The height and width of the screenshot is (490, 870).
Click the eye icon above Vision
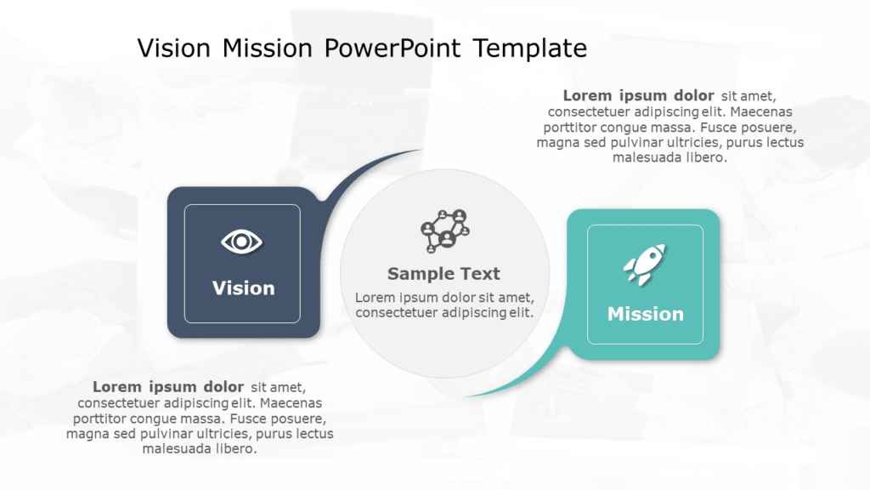point(242,242)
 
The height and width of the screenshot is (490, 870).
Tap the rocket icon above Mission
point(645,263)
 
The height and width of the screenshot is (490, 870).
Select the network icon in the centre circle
point(444,230)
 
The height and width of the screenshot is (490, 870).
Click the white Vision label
point(243,288)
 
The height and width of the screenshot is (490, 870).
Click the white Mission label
point(645,314)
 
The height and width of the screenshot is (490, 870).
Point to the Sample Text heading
point(443,274)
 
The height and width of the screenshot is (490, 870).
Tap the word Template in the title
point(530,48)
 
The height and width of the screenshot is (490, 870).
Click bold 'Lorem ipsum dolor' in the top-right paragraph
point(638,96)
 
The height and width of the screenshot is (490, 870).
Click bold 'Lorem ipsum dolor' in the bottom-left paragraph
point(168,387)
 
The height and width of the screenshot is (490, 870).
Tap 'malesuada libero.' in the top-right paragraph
point(669,157)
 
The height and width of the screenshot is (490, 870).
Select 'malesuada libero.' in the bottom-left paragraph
point(200,448)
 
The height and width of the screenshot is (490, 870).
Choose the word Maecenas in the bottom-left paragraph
point(287,402)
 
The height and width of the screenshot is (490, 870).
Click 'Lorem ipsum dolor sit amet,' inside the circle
point(443,297)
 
